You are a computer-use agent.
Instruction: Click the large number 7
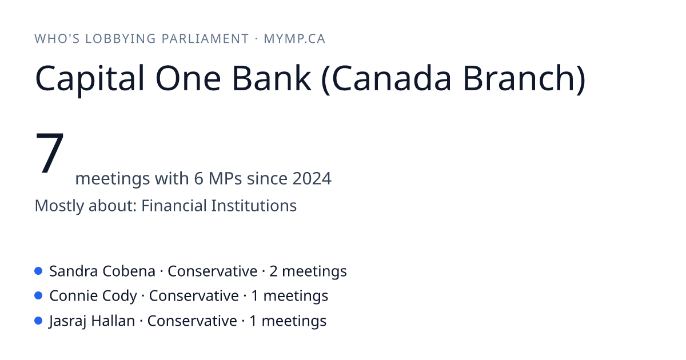click(x=50, y=153)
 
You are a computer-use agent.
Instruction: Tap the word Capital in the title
click(x=89, y=78)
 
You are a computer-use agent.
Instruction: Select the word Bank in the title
click(x=272, y=78)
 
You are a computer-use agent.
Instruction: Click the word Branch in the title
click(x=524, y=78)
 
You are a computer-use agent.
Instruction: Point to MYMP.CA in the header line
click(x=294, y=39)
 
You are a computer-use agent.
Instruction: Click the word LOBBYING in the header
click(x=120, y=39)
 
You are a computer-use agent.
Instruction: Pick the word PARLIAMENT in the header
click(x=205, y=39)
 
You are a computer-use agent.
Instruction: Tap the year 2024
click(x=312, y=178)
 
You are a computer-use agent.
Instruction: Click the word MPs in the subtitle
click(x=225, y=178)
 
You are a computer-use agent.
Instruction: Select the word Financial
click(x=174, y=205)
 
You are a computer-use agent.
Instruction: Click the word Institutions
click(x=254, y=205)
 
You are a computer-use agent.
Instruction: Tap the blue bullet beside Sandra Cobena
click(x=38, y=271)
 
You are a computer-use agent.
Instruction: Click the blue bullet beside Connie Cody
click(x=38, y=296)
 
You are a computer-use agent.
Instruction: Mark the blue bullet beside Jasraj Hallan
click(x=38, y=321)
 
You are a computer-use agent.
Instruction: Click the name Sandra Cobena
click(x=102, y=271)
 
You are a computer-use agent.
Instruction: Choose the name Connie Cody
click(x=93, y=297)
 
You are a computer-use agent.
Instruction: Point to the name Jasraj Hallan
click(x=92, y=321)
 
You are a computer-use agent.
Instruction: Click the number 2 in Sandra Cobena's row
click(x=273, y=271)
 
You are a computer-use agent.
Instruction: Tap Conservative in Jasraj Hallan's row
click(x=192, y=321)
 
